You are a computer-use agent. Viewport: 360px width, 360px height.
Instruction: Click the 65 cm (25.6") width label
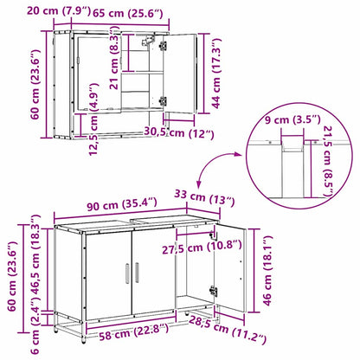[x=128, y=13]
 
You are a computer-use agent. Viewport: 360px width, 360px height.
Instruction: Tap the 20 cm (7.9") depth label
[x=59, y=11]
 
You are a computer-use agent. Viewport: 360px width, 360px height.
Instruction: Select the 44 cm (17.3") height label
[x=216, y=74]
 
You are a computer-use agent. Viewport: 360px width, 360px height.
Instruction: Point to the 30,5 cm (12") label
[x=179, y=132]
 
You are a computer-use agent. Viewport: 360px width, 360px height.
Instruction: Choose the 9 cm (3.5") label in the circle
[x=292, y=119]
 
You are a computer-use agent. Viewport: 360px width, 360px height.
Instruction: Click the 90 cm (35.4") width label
[x=122, y=204]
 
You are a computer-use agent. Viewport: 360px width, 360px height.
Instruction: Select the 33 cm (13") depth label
[x=204, y=197]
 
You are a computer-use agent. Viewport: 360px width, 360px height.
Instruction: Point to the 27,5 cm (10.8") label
[x=202, y=247]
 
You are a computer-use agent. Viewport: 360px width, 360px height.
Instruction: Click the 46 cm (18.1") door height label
[x=267, y=271]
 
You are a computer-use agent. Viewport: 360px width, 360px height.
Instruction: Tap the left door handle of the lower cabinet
[x=127, y=273]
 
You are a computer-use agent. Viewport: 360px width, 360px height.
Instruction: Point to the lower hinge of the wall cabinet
[x=164, y=101]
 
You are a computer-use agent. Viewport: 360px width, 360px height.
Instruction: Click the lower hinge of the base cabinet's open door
[x=214, y=291]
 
